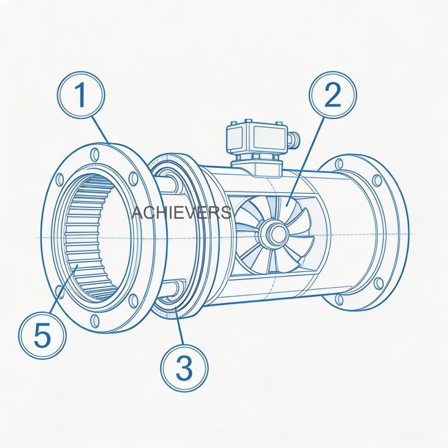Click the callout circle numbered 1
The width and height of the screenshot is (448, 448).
coord(81,95)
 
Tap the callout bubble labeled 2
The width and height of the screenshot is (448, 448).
coord(333,95)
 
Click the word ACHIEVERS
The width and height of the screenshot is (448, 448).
coord(182,213)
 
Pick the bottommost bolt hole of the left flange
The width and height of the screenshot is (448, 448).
coord(94,319)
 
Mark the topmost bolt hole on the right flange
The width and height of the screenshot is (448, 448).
coord(339,164)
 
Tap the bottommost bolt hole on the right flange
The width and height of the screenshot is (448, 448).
coord(339,299)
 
